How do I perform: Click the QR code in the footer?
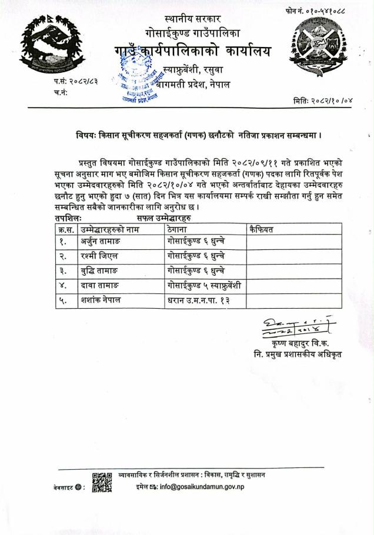pyautogui.click(x=102, y=481)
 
